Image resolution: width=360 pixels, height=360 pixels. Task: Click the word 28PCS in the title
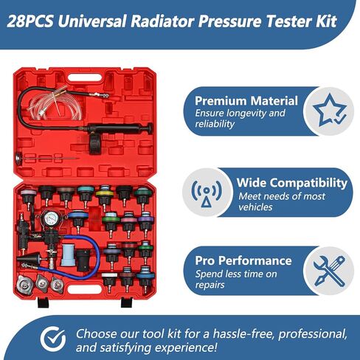click(30, 21)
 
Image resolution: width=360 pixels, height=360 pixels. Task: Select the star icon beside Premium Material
click(329, 110)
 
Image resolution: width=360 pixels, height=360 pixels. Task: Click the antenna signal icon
click(207, 193)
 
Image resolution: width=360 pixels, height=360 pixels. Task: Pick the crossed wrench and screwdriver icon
click(329, 271)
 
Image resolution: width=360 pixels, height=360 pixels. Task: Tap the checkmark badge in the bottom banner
click(53, 339)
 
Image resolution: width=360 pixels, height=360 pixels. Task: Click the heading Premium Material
click(246, 101)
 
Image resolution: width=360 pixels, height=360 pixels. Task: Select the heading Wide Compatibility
click(292, 183)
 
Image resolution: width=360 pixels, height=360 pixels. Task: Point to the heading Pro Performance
click(243, 260)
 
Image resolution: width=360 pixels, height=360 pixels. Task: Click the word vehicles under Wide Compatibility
click(255, 207)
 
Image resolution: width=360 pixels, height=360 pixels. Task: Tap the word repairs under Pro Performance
click(210, 285)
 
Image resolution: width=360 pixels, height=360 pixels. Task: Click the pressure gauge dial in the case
click(52, 218)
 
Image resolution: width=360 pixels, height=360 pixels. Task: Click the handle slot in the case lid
click(85, 77)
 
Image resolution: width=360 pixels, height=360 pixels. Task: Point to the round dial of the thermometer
click(18, 156)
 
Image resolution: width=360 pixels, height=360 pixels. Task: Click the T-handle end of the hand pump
click(150, 128)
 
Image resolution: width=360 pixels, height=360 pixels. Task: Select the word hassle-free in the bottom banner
click(243, 334)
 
